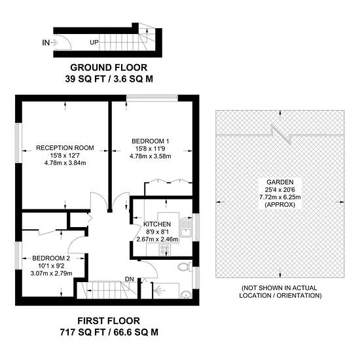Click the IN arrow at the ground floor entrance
point(54,43)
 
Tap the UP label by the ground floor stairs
point(94,43)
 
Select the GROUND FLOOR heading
point(109,67)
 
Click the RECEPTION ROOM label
point(65,148)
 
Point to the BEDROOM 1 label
point(151,141)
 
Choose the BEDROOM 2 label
point(51,259)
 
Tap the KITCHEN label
point(157,224)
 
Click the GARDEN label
point(280,182)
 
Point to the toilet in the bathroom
point(185,266)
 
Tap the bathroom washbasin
point(186,295)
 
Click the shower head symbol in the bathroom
point(158,291)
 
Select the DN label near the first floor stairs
point(130,279)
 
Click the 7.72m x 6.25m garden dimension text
point(280,197)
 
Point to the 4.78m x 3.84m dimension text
point(65,163)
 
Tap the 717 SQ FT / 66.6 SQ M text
point(109,333)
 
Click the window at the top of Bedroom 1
point(153,98)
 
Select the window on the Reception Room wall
point(18,143)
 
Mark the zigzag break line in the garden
point(280,135)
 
